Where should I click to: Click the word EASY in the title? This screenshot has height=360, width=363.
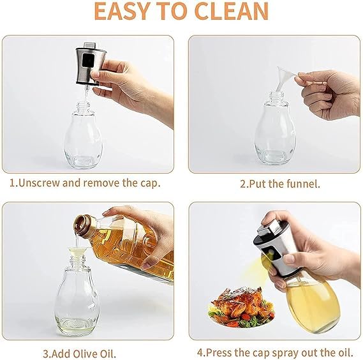[x=121, y=11]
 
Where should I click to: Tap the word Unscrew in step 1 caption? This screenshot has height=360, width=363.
[x=39, y=183]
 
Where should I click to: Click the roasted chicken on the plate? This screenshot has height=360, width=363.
[x=241, y=301]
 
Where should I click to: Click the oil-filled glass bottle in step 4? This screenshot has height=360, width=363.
[x=313, y=303]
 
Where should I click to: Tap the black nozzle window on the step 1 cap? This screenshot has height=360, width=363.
[x=88, y=61]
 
